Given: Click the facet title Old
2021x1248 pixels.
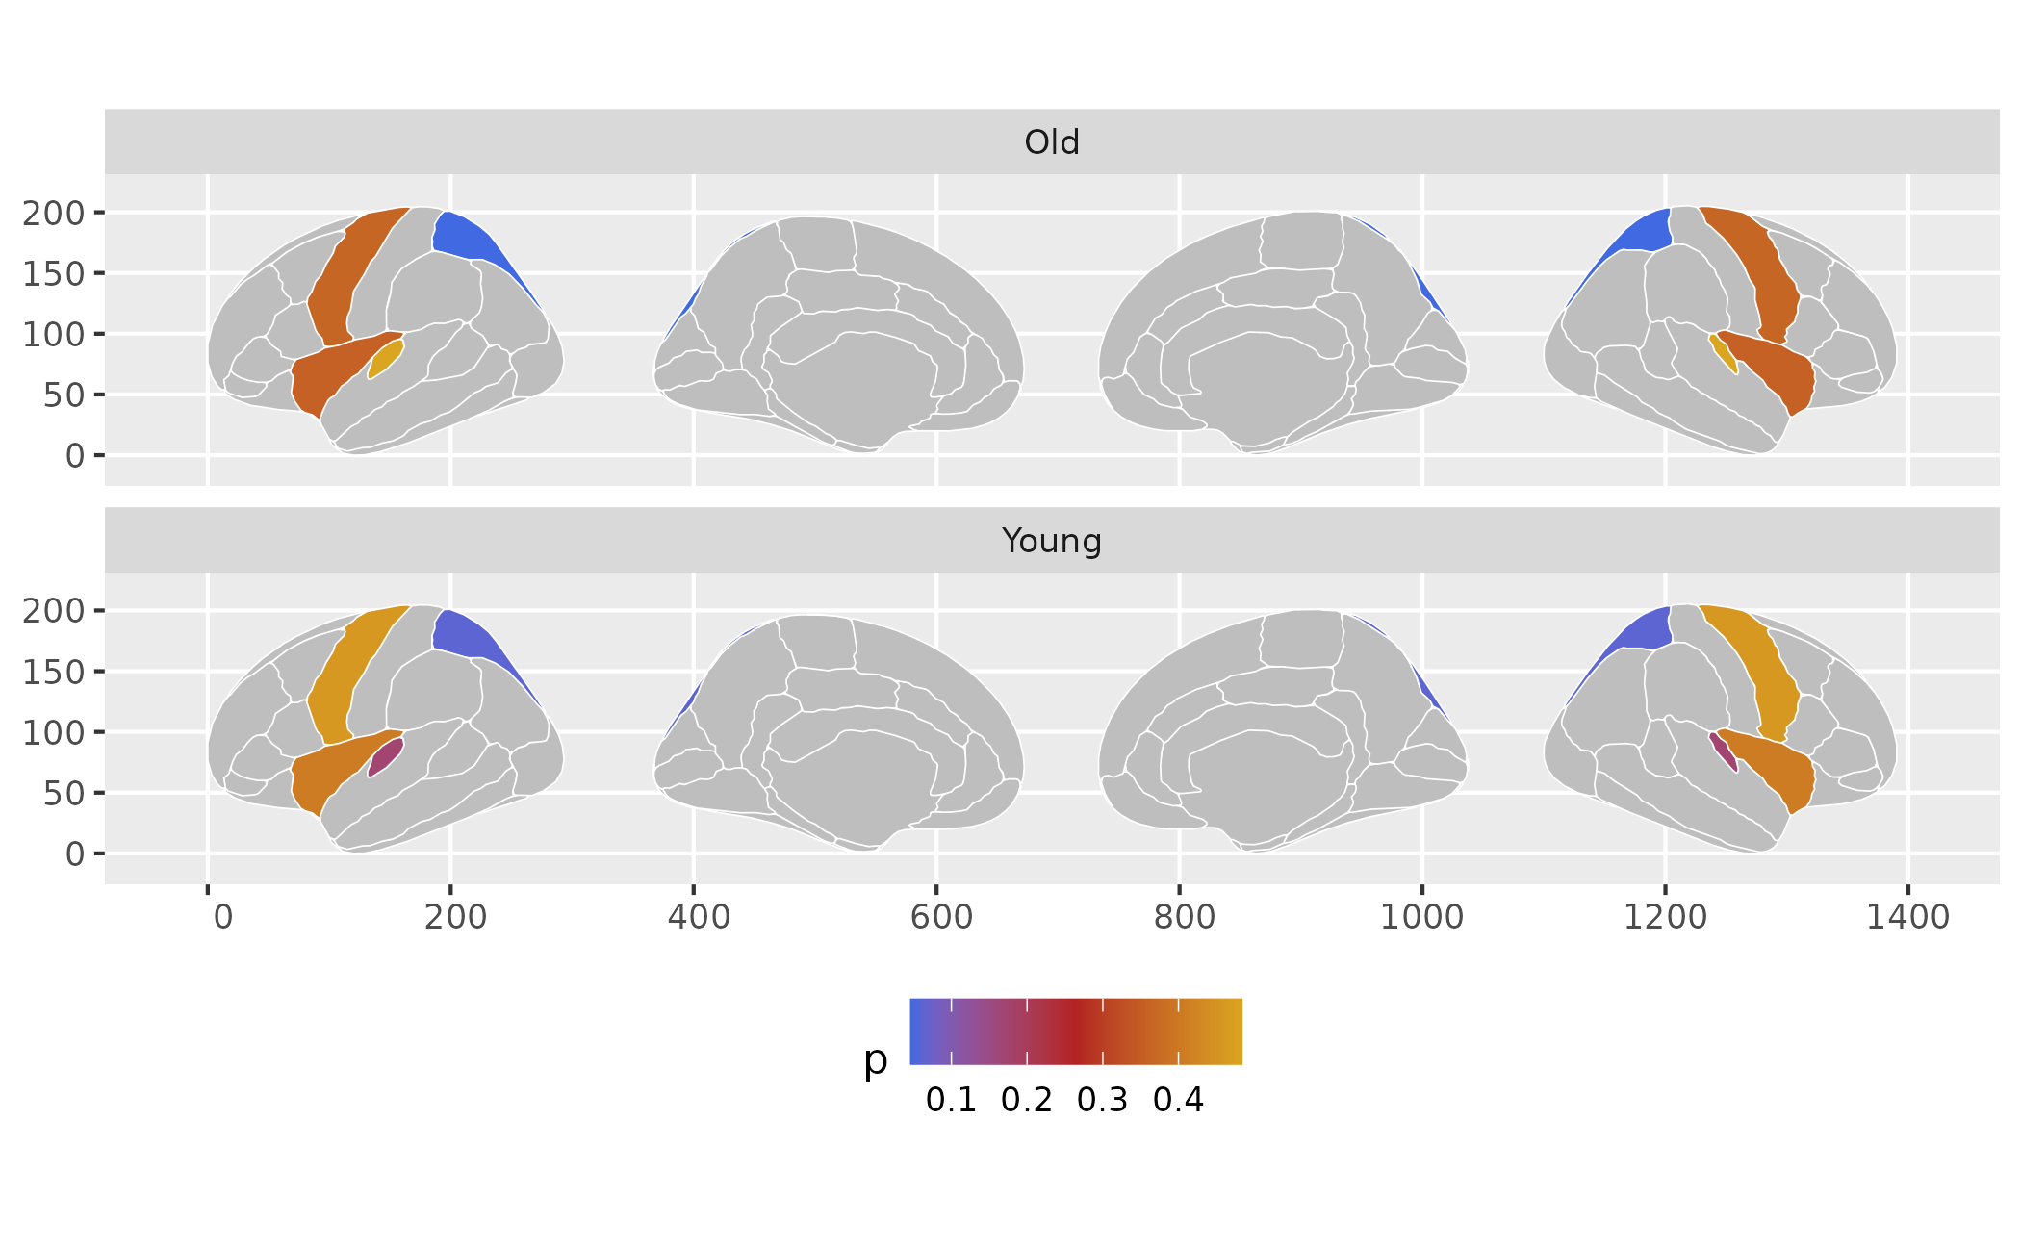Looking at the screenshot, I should point(1051,142).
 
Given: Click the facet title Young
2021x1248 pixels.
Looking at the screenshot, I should point(1051,541).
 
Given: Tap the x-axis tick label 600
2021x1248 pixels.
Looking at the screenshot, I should point(940,917).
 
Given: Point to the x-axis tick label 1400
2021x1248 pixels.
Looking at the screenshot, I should point(1907,917).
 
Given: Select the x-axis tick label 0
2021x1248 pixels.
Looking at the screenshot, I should point(222,917).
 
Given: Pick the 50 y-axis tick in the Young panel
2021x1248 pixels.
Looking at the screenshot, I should point(64,794).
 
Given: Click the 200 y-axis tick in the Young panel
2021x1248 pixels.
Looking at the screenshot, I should point(54,611).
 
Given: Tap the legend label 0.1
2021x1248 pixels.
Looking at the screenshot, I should point(951,1100).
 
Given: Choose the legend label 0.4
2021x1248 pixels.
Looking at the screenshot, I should point(1178,1100).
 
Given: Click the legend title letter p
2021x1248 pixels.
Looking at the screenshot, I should point(875,1061).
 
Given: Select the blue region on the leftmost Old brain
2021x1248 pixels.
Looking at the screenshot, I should point(472,241).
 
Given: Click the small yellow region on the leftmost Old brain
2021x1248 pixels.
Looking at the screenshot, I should point(386,358).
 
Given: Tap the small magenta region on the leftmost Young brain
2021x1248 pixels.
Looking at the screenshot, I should point(386,756).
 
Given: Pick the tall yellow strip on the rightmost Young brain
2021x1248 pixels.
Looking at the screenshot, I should point(1761,674).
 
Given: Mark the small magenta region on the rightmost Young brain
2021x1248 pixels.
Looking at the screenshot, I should point(1724,751).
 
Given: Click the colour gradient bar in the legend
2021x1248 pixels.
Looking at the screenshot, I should point(1076,1032).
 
